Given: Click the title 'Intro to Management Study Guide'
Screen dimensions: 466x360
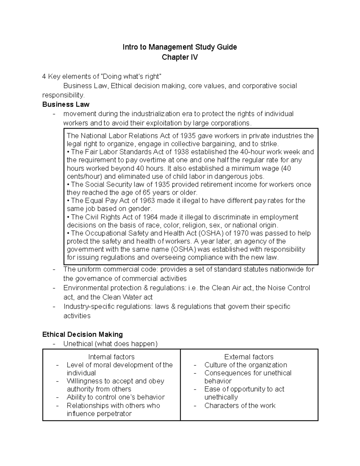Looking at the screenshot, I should coord(180,47).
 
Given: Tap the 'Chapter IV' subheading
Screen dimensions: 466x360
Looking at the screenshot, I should coord(180,57).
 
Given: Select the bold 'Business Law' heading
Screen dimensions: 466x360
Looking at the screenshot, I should coord(66,104).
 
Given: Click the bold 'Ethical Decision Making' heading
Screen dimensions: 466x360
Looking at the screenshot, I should coord(82,334).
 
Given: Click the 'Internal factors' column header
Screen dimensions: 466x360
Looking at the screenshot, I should coord(111,357).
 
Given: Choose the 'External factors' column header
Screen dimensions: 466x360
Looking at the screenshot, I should coord(249,357).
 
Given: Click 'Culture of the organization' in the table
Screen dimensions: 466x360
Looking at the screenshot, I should coord(245,365).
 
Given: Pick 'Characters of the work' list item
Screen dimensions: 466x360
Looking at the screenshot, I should coord(240,406).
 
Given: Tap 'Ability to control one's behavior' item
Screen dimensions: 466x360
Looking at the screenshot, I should coord(115,397).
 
